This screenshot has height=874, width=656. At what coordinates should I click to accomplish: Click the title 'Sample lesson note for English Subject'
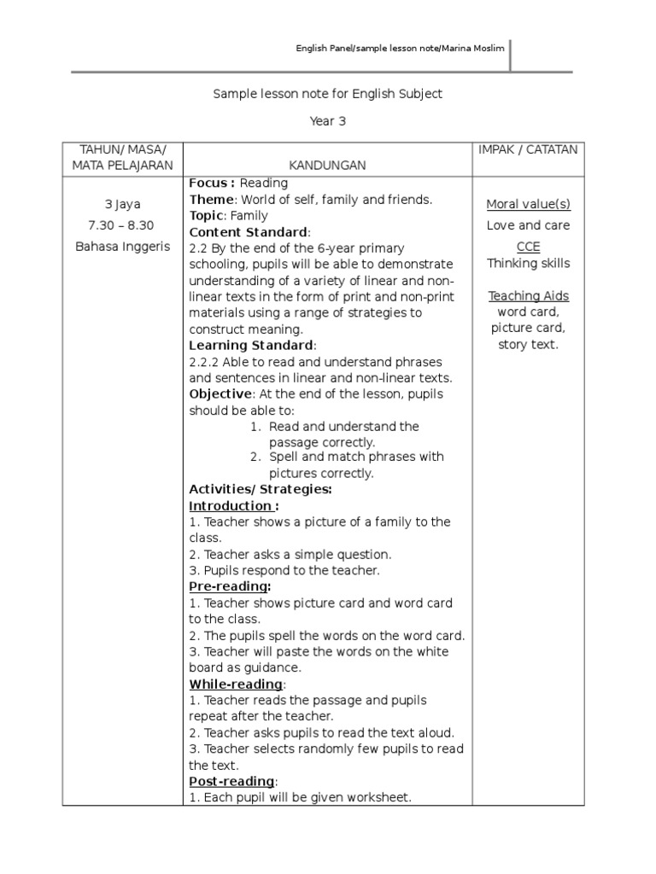327,94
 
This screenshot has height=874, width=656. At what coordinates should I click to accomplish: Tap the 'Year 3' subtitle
327,121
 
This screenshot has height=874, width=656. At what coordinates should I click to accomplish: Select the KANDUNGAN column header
327,165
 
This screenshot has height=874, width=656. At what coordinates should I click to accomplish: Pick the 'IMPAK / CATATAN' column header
528,149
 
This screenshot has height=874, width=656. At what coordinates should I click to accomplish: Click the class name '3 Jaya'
122,205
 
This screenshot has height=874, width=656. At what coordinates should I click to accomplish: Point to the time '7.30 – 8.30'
122,225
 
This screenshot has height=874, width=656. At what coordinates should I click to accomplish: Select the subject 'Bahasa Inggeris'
122,247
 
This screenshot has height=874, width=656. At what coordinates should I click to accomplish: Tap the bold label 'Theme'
209,200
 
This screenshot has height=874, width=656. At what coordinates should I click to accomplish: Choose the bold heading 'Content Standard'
248,232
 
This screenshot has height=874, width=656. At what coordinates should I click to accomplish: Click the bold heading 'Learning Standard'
251,346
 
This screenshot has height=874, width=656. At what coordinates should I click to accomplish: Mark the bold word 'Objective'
220,393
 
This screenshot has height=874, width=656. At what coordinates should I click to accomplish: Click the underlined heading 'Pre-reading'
229,587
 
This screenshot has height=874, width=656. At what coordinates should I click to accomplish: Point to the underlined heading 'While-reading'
236,685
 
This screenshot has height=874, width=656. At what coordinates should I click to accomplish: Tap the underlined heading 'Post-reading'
231,782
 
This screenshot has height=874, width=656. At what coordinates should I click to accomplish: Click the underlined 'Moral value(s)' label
528,204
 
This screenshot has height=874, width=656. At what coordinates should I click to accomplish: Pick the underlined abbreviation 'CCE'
528,247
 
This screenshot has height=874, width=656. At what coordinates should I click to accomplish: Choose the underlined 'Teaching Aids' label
528,296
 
